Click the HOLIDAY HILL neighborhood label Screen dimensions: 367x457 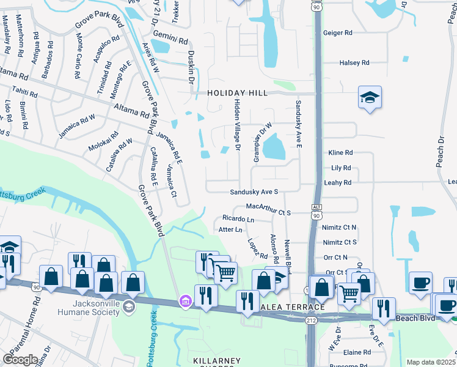(x=237, y=93)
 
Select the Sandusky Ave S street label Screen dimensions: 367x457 (x=254, y=192)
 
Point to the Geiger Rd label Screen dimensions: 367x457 (x=338, y=32)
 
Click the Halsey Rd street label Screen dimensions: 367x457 (x=354, y=63)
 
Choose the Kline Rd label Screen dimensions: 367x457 (x=340, y=153)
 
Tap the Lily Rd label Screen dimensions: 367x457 (x=340, y=168)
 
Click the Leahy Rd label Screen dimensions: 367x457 (x=338, y=183)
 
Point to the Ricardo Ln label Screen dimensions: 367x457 (x=238, y=218)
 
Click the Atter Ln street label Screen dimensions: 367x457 (x=230, y=230)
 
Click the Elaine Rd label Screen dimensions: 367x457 (x=357, y=353)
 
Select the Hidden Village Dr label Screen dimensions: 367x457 (x=237, y=126)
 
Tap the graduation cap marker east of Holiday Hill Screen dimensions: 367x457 (x=370, y=98)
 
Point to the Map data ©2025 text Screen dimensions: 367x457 (x=431, y=362)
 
